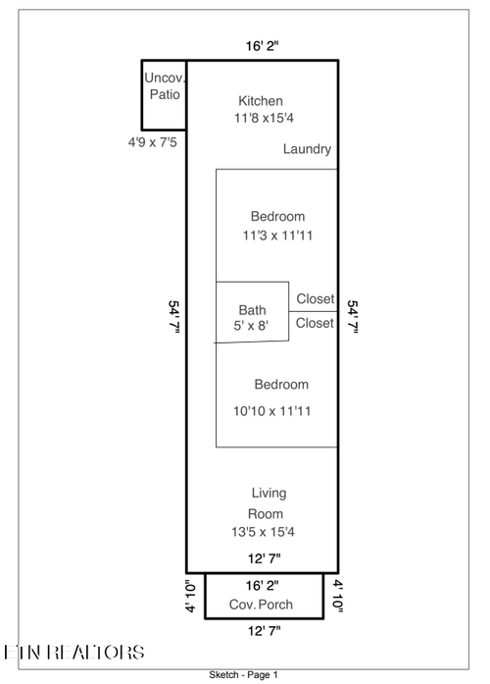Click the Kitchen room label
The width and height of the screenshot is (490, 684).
261,101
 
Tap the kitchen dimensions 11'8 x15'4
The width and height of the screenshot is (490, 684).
264,118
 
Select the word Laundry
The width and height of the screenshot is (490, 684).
307,149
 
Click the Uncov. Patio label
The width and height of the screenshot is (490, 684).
165,86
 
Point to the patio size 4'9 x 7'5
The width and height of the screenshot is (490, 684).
153,142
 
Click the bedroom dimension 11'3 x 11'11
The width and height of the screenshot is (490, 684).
277,236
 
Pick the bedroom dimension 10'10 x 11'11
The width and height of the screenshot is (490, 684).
271,411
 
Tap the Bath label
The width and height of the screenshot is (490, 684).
252,310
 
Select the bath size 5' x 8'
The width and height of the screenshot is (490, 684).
251,326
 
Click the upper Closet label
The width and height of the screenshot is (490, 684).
316,298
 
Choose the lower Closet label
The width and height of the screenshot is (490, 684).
315,323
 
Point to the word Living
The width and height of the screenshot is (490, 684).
269,494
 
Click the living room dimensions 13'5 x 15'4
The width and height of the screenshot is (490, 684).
263,532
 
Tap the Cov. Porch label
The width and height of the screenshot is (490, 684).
261,605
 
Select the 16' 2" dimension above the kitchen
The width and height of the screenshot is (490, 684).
263,46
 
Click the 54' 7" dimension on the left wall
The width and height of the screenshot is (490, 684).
174,317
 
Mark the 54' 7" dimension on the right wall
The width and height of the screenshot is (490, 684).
353,317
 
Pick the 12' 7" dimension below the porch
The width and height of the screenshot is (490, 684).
265,631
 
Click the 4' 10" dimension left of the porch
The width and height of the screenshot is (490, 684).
191,597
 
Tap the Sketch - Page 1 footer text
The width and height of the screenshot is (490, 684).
243,675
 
